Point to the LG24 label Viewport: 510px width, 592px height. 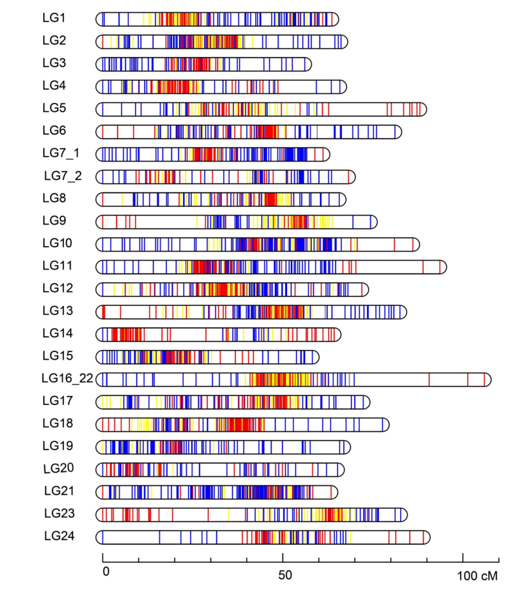[58, 536]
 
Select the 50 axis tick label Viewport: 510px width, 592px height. [285, 574]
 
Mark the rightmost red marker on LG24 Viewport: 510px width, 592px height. [423, 537]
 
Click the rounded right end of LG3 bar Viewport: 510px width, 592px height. [309, 64]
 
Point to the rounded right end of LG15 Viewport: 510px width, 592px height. [316, 356]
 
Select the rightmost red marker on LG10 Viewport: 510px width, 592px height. [412, 244]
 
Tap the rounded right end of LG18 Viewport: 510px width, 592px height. [387, 424]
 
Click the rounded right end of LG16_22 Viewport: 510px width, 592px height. [489, 379]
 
